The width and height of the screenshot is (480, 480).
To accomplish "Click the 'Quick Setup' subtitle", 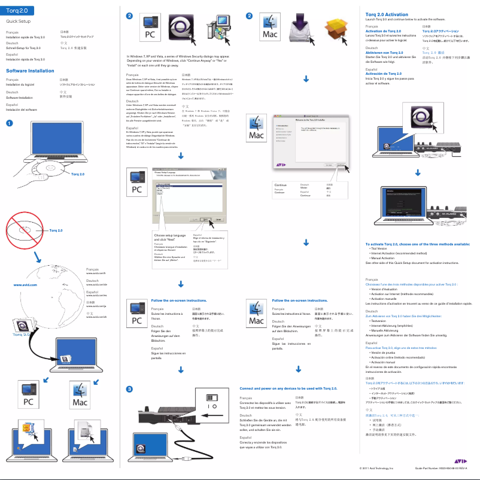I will [18, 21].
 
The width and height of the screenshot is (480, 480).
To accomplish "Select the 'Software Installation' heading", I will [31, 71].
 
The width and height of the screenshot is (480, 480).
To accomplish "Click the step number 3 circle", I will [129, 390].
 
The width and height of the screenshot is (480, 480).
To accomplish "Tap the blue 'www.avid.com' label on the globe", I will [25, 285].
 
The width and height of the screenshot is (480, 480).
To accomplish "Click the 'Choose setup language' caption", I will [166, 237].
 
